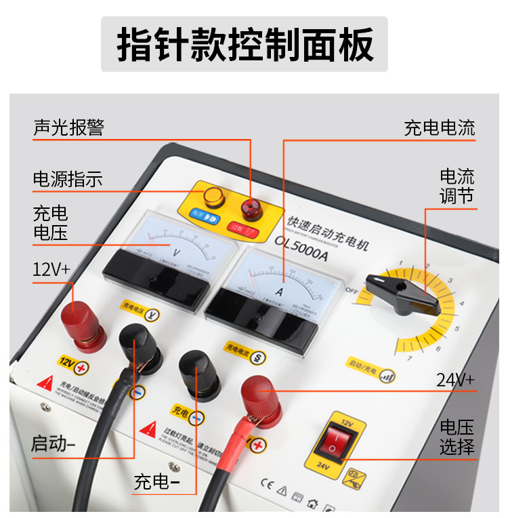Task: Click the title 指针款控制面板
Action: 245,45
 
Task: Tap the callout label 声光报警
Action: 68,127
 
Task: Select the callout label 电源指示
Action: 68,179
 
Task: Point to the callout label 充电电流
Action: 440,127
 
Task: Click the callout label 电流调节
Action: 457,186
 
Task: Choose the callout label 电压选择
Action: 457,437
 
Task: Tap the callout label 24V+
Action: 455,380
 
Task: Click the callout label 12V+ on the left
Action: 51,268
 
